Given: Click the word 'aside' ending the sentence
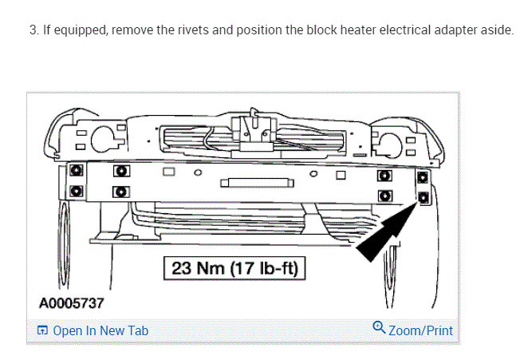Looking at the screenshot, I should (497, 31).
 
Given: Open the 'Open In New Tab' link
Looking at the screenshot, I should (100, 330).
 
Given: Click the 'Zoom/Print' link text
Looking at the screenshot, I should (420, 330).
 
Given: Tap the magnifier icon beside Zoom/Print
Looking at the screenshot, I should (379, 329).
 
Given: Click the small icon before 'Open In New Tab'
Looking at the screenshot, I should (43, 330).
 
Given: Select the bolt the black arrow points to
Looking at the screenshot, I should (423, 196).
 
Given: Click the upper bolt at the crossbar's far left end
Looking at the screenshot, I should (76, 172).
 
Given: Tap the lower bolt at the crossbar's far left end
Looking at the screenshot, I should (76, 192).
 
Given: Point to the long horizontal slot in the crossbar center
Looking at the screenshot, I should (257, 183).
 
